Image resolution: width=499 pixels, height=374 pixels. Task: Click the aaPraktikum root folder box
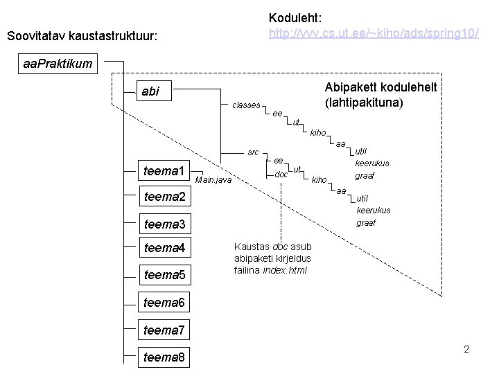click(x=58, y=64)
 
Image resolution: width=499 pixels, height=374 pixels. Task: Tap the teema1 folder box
click(x=164, y=170)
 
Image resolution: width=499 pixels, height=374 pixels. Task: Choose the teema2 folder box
click(x=164, y=197)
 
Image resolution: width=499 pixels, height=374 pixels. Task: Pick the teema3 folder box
click(x=164, y=224)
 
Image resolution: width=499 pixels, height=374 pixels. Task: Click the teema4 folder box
click(x=164, y=248)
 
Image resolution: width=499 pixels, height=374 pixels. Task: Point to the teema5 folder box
click(x=164, y=275)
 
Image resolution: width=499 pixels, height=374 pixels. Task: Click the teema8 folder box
click(x=164, y=357)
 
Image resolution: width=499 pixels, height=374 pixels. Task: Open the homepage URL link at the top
click(x=373, y=33)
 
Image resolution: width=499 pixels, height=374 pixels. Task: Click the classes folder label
click(x=246, y=105)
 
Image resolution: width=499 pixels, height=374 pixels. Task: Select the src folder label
click(x=253, y=152)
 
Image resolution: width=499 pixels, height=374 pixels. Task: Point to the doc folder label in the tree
click(x=281, y=175)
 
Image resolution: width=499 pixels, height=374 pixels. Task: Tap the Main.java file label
click(x=214, y=180)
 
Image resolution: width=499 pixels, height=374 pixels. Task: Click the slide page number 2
click(x=466, y=349)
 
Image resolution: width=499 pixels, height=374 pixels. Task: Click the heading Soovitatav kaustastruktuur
click(x=82, y=35)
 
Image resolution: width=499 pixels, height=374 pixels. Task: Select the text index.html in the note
click(x=285, y=270)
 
